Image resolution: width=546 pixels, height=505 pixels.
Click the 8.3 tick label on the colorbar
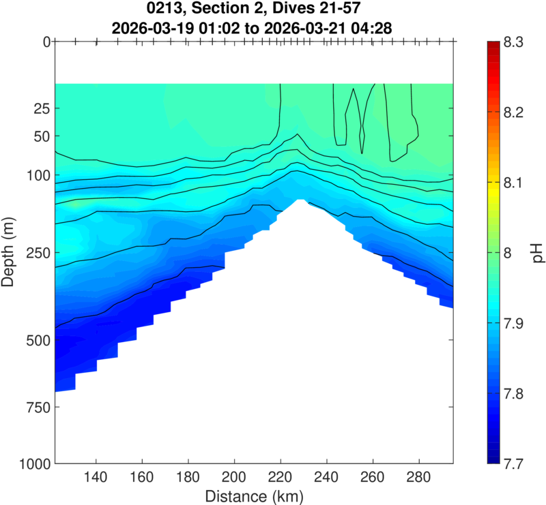coord(520,42)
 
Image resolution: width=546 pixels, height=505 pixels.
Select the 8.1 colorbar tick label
coord(520,182)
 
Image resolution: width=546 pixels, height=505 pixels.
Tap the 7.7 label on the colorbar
coord(520,463)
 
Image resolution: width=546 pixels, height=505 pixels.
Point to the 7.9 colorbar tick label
coord(520,323)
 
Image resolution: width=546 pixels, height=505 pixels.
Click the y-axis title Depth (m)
coord(10,252)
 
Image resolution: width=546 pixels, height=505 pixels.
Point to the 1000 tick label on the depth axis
coord(33,463)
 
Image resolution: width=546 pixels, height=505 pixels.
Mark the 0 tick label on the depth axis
coord(46,42)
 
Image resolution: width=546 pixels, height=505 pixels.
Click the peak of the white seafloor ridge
coord(300,201)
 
